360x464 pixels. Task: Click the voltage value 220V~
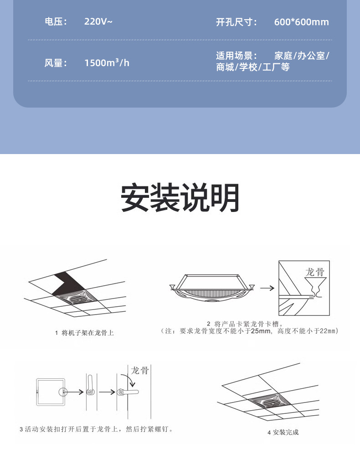[98, 21]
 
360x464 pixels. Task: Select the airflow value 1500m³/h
[107, 63]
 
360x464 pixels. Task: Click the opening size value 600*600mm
[301, 22]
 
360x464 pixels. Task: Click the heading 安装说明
[180, 197]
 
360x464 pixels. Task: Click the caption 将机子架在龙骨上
[87, 333]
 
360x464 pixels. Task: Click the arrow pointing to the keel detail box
[267, 288]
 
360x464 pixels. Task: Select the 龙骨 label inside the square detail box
[315, 272]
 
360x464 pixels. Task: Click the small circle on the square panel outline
[63, 392]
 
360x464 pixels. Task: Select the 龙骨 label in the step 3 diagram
[140, 370]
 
